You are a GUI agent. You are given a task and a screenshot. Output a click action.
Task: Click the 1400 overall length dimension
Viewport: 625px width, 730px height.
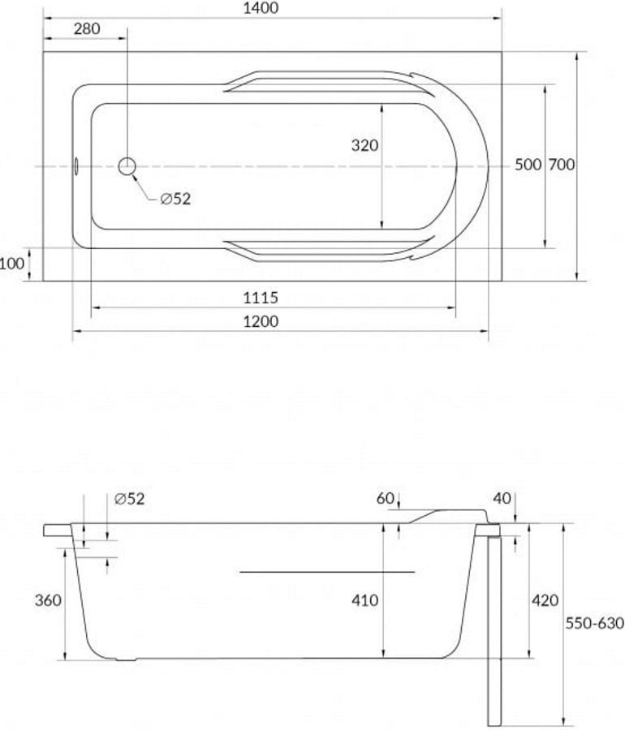tap(261, 8)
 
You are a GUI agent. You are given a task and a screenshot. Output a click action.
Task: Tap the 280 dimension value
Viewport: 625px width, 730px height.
tap(87, 29)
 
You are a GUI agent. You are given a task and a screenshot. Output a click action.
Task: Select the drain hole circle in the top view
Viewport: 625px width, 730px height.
tap(127, 166)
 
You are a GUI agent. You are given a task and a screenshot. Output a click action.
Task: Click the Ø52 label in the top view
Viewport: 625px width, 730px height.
tap(175, 200)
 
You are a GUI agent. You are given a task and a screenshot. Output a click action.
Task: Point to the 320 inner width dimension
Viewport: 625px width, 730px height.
tap(364, 145)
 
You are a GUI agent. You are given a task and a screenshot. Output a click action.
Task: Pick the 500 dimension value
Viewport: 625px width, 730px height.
tap(528, 165)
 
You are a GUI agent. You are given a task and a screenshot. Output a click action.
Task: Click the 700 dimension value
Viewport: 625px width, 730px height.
tap(561, 165)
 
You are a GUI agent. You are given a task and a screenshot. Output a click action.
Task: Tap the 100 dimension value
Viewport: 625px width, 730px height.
tap(11, 264)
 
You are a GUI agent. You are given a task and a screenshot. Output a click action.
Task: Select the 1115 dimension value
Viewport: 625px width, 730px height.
tap(261, 298)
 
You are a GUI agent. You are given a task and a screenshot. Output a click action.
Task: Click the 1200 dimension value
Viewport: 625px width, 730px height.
tap(261, 321)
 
